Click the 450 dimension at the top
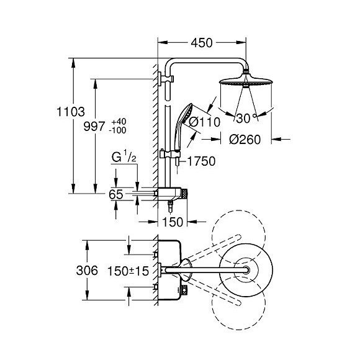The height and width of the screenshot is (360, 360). pos(202,43)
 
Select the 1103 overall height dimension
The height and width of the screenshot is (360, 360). pos(71,112)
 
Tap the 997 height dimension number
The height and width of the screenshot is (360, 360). pos(94,126)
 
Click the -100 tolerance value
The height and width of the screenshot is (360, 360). pos(118,130)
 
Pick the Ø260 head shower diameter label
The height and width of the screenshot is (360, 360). pos(245,140)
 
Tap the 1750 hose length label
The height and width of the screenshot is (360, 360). pos(202,161)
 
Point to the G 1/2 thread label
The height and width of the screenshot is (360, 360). pos(124,156)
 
